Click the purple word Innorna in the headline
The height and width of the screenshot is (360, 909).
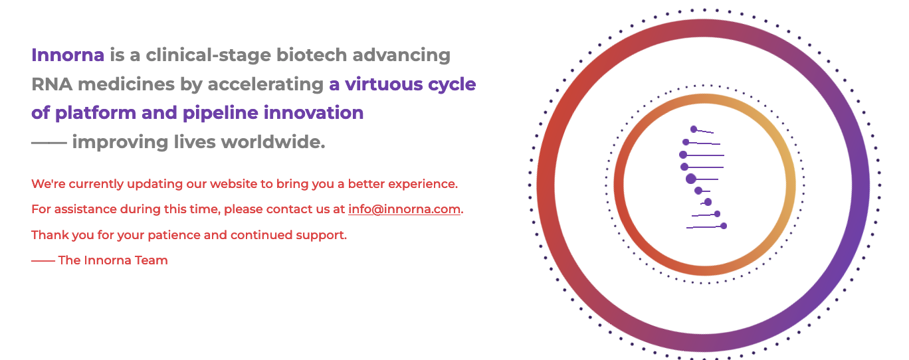pyautogui.click(x=68, y=54)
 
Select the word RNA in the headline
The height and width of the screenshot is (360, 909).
pyautogui.click(x=52, y=84)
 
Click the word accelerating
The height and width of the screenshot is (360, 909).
pyautogui.click(x=265, y=84)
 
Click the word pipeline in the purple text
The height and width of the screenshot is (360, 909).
pyautogui.click(x=221, y=113)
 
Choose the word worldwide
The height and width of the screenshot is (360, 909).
pyautogui.click(x=273, y=142)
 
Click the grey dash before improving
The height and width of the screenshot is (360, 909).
pyautogui.click(x=49, y=142)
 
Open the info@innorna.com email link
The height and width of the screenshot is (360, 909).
pyautogui.click(x=404, y=209)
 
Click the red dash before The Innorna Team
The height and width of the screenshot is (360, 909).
pyautogui.click(x=43, y=260)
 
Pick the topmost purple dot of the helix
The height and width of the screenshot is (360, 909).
pyautogui.click(x=694, y=129)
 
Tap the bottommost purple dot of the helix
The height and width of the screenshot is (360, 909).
pyautogui.click(x=724, y=226)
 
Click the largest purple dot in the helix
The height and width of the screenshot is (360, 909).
pyautogui.click(x=690, y=179)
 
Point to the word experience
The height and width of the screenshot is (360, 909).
pyautogui.click(x=423, y=184)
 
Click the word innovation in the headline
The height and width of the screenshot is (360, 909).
pyautogui.click(x=314, y=113)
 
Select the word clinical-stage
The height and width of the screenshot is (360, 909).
pyautogui.click(x=208, y=55)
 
